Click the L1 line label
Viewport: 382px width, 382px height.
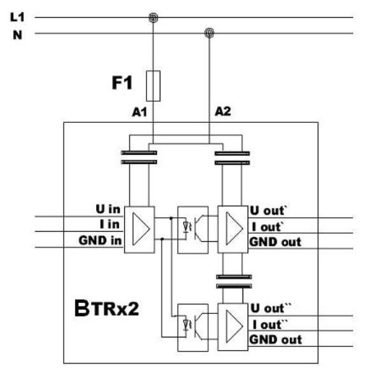pyautogui.click(x=17, y=17)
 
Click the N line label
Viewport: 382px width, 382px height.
pyautogui.click(x=18, y=35)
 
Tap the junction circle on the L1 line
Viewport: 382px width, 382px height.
pyautogui.click(x=153, y=18)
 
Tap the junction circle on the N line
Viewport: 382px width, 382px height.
pyautogui.click(x=209, y=33)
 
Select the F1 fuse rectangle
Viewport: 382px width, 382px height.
pyautogui.click(x=153, y=86)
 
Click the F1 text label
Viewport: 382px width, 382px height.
pyautogui.click(x=122, y=83)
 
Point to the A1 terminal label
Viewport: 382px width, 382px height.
pyautogui.click(x=139, y=112)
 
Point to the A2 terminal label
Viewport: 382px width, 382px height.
pyautogui.click(x=223, y=111)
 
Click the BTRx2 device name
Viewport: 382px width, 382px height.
pyautogui.click(x=107, y=308)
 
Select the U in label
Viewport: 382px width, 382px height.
pyautogui.click(x=108, y=209)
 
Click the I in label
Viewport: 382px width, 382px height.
pyautogui.click(x=110, y=224)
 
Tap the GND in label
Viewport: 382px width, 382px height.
pyautogui.click(x=100, y=241)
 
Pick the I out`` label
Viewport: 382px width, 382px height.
pyautogui.click(x=271, y=325)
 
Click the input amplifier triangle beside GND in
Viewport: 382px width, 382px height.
pyautogui.click(x=141, y=229)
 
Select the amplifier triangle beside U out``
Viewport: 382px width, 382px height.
pyautogui.click(x=234, y=326)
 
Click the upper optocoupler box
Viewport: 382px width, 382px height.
pyautogui.click(x=193, y=230)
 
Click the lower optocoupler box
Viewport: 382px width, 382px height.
pyautogui.click(x=193, y=328)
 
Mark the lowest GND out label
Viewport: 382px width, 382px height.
pyautogui.click(x=276, y=340)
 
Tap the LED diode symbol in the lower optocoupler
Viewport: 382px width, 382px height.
pyautogui.click(x=187, y=325)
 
